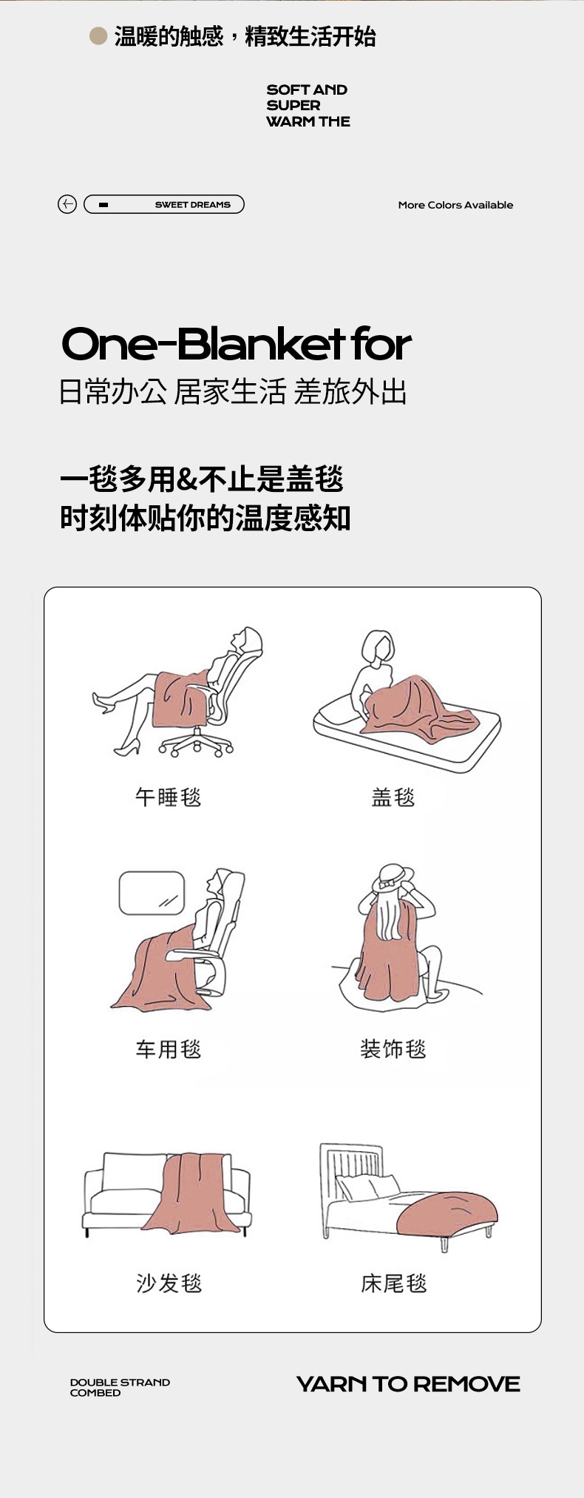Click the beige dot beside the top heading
click(x=98, y=36)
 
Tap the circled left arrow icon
click(x=67, y=204)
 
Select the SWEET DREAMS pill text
click(x=193, y=205)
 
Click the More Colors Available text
click(x=455, y=205)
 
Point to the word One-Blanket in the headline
click(x=203, y=345)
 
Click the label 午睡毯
click(x=168, y=797)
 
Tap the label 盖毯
click(x=393, y=797)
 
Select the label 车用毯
click(x=168, y=1048)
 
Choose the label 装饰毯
click(x=393, y=1048)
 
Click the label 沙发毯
click(x=169, y=1283)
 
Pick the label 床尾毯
click(x=393, y=1283)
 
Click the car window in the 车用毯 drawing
click(x=152, y=893)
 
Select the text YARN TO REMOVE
click(x=408, y=1384)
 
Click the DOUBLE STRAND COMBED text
click(x=120, y=1387)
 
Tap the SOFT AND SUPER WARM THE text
click(x=308, y=105)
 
